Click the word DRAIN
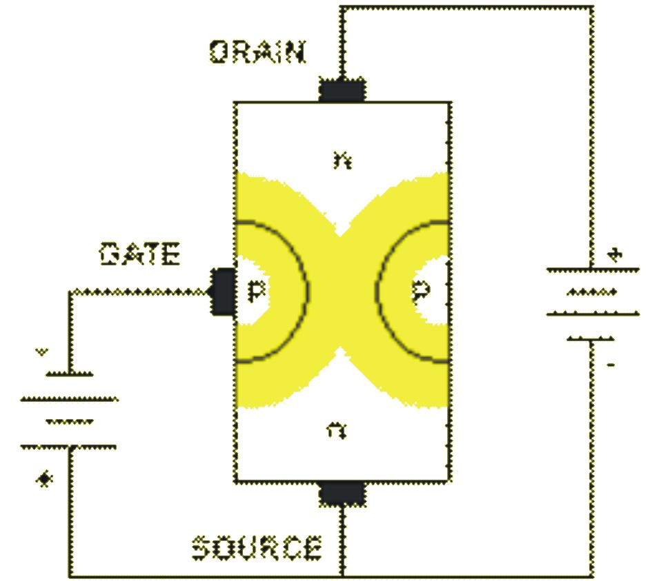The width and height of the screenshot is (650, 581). coord(257,52)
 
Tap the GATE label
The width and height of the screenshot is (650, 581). coord(140,256)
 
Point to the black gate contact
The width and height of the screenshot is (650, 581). coord(222,292)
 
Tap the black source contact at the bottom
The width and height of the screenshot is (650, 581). coord(342,493)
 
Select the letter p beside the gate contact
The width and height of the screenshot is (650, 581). coord(256,292)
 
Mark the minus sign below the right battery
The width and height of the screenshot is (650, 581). coord(609,363)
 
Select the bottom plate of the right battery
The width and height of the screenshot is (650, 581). coord(592,338)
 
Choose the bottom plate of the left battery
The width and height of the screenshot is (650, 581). coord(69,447)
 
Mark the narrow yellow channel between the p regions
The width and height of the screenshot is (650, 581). coord(342,292)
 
